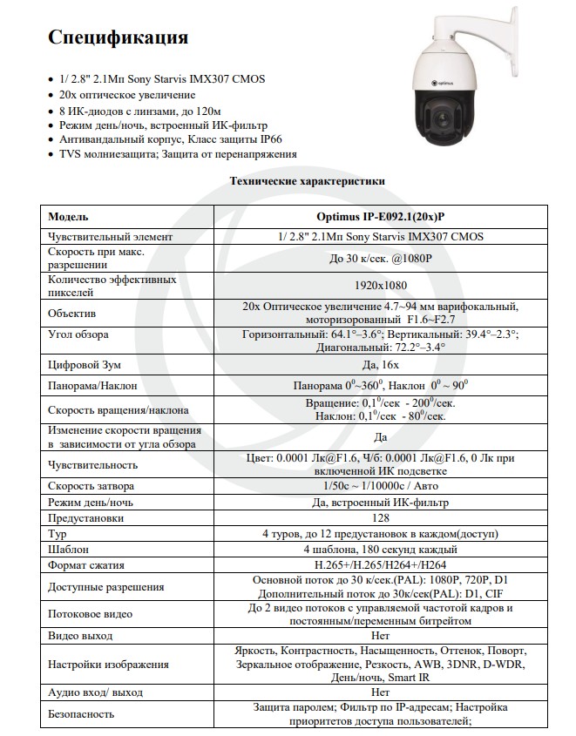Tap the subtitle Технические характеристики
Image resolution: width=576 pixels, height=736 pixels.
coord(306,181)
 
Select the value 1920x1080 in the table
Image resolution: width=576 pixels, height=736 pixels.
coord(381,285)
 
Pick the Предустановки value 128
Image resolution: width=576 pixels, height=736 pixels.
coord(381,517)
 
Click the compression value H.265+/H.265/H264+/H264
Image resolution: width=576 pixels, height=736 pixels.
coord(381,565)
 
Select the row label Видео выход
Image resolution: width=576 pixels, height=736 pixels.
coord(81,636)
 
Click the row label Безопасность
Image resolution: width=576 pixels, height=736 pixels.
coord(82,714)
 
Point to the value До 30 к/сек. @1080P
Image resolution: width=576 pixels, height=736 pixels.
coord(381,258)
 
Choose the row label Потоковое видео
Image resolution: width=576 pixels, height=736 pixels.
coord(91,614)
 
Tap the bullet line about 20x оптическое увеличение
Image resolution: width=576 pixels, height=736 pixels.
coord(127,95)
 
